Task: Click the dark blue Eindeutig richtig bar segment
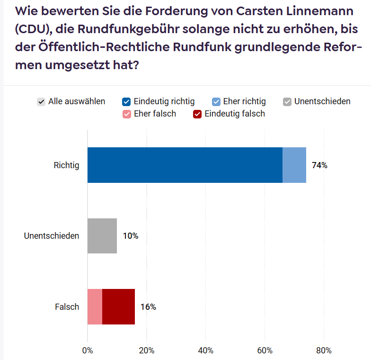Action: pos(185,165)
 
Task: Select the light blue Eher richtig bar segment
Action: pos(294,165)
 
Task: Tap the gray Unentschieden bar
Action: pos(102,236)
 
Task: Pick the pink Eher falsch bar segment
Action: pos(95,306)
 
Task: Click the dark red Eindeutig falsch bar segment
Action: pos(118,306)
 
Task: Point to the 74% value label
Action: pos(319,165)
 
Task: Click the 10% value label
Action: pos(130,236)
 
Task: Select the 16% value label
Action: pos(148,307)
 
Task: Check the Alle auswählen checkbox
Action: pos(42,102)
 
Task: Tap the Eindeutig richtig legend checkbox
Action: pos(126,102)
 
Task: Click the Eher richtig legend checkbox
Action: pos(216,102)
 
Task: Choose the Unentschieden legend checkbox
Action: pos(287,102)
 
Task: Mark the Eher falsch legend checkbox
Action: pos(126,114)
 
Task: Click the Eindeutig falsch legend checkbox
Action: pos(197,114)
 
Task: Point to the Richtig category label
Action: pos(66,165)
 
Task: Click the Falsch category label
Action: pos(67,307)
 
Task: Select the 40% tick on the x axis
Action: pos(205,351)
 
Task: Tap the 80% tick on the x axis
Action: pos(324,351)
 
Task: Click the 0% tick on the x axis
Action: pos(88,351)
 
